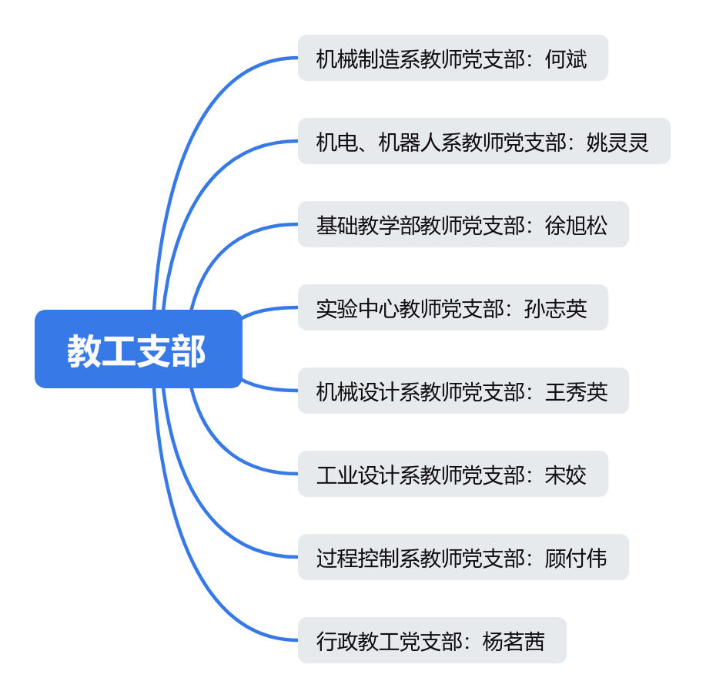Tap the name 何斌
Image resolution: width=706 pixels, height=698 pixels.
click(x=566, y=59)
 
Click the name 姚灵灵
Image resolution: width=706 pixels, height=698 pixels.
click(x=617, y=142)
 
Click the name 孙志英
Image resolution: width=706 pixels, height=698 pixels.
click(x=555, y=308)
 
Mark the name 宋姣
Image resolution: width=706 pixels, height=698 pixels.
click(x=566, y=475)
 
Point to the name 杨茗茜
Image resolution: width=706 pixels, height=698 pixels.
click(x=514, y=641)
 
